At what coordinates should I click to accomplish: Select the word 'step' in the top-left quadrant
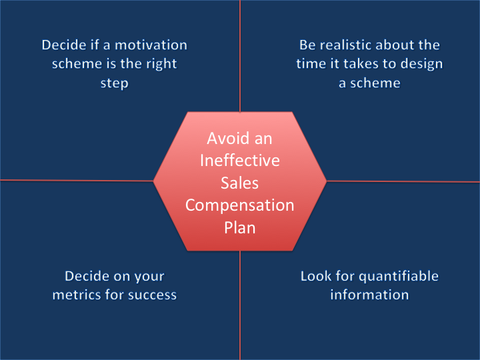114,83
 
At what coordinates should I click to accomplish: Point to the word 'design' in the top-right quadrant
419,65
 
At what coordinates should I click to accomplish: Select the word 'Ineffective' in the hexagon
240,161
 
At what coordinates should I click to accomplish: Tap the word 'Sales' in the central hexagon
240,183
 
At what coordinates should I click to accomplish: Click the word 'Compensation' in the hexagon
240,205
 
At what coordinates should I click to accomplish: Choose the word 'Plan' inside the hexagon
240,227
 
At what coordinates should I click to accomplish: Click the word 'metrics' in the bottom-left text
77,295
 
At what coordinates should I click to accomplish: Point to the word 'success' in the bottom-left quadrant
153,295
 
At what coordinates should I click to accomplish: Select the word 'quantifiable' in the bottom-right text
399,276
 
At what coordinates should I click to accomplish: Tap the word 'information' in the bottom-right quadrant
369,295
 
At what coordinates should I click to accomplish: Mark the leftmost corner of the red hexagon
154,181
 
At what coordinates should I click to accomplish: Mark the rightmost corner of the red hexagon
326,181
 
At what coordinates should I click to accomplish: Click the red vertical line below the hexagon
240,307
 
